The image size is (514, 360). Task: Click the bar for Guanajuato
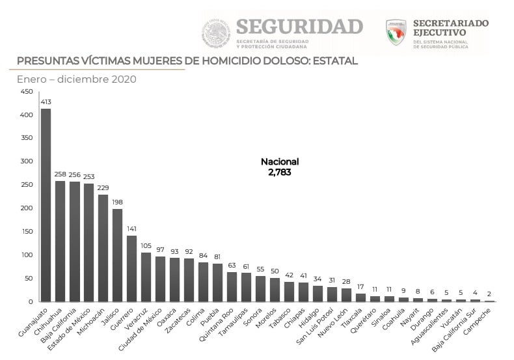pos(46,205)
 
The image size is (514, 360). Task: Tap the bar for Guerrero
pos(131,268)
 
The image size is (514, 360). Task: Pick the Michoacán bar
pos(103,248)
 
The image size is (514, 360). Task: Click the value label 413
pos(46,102)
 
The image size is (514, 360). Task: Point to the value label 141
pos(131,229)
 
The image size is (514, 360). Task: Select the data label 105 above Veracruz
pos(146,246)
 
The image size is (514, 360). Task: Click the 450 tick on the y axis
pos(26,92)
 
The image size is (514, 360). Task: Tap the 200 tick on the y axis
pos(26,208)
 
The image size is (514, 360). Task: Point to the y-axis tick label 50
pos(28,279)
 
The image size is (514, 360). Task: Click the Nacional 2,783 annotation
pos(280,167)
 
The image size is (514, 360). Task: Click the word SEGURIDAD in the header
pos(299,27)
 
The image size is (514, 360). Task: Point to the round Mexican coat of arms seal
pos(215,33)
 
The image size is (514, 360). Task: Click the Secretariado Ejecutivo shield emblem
pos(396,32)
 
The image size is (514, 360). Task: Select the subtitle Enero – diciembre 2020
pos(76,79)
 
